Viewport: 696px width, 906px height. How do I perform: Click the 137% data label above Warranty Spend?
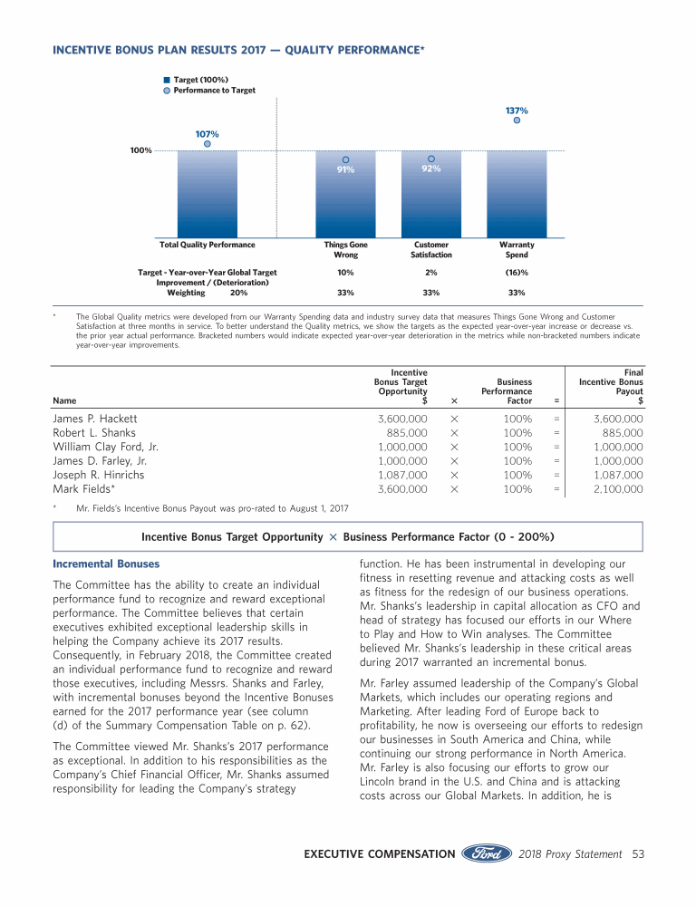516,111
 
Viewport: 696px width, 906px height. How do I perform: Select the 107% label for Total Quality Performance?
207,134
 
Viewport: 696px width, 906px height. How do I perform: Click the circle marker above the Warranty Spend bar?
517,120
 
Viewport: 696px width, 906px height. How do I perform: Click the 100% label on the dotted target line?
140,150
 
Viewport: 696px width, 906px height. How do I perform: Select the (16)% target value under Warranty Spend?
517,272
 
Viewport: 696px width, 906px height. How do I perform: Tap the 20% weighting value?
239,293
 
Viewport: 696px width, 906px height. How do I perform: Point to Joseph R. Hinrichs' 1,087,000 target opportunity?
402,475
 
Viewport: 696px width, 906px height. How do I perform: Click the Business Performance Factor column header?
507,391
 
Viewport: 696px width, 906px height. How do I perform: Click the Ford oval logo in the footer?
488,853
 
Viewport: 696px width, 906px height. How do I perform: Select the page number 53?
637,853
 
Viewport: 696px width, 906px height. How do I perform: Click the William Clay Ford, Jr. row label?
106,448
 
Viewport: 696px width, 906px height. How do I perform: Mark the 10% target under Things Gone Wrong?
344,272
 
